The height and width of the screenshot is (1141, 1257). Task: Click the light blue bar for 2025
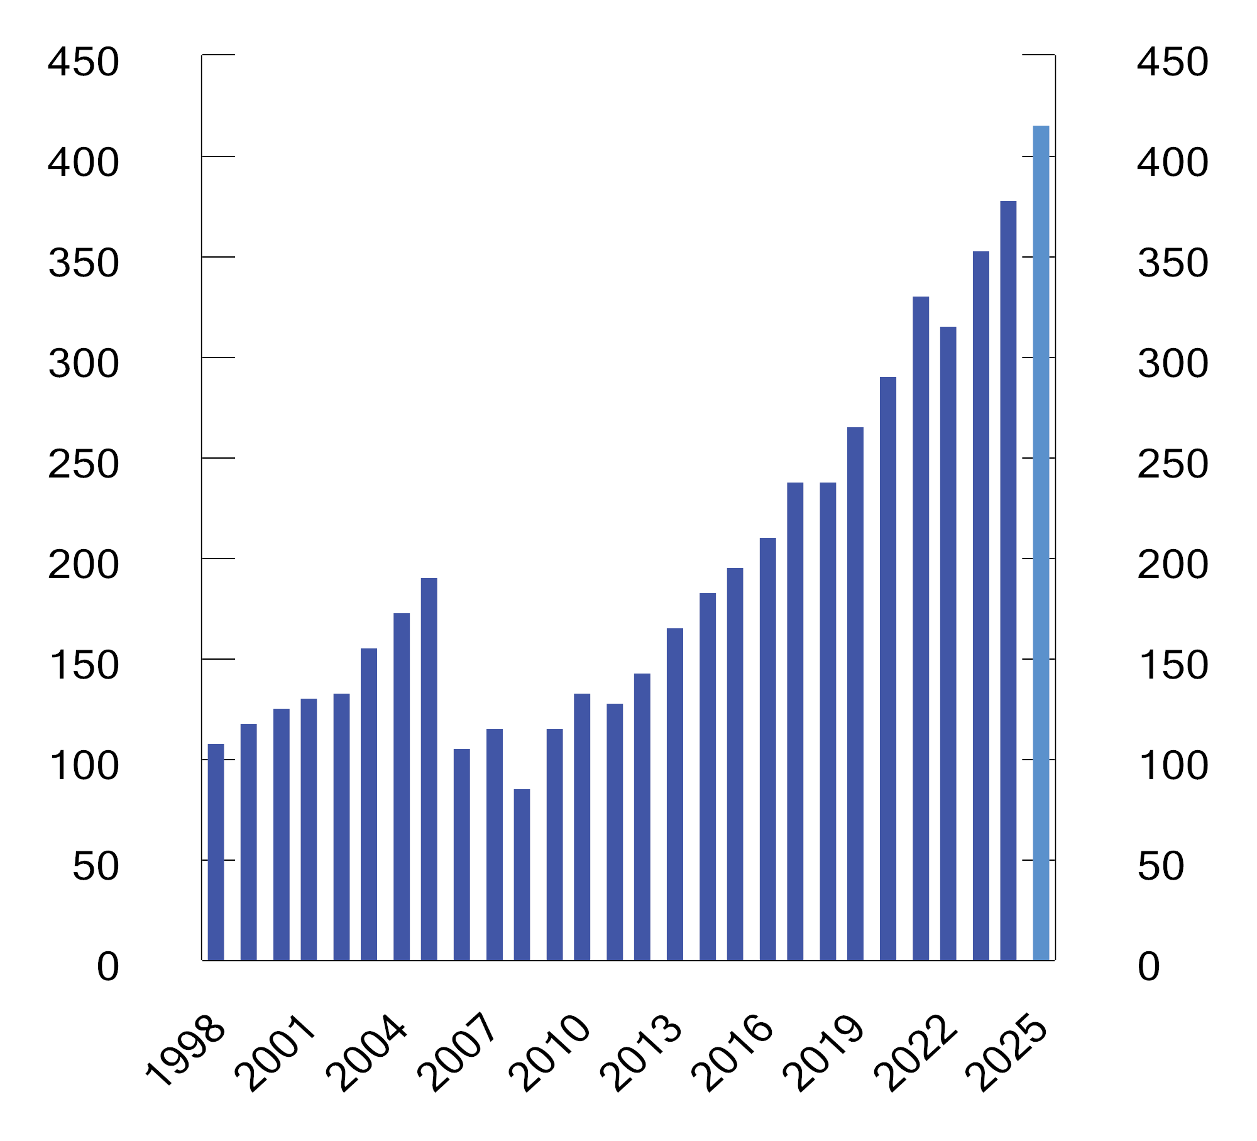(1041, 543)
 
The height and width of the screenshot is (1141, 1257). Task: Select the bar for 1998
(216, 852)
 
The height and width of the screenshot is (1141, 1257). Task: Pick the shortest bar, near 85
(522, 875)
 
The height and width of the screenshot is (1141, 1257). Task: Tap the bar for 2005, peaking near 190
(429, 769)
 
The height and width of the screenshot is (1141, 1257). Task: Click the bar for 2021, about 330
(921, 628)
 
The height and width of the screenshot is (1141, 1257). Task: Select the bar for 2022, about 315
(948, 643)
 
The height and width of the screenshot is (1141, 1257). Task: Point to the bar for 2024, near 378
(1008, 581)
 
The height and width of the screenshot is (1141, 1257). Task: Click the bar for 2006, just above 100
(461, 854)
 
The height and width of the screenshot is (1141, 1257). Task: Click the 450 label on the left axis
(83, 62)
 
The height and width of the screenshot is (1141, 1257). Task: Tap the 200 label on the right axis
(1173, 565)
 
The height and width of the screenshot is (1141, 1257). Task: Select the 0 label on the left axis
(107, 967)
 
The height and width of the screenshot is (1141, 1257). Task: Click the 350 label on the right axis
(1173, 263)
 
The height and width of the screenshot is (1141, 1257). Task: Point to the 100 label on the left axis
(83, 766)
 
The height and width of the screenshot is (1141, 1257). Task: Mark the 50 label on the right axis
(1160, 866)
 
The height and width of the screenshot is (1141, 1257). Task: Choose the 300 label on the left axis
(83, 364)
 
